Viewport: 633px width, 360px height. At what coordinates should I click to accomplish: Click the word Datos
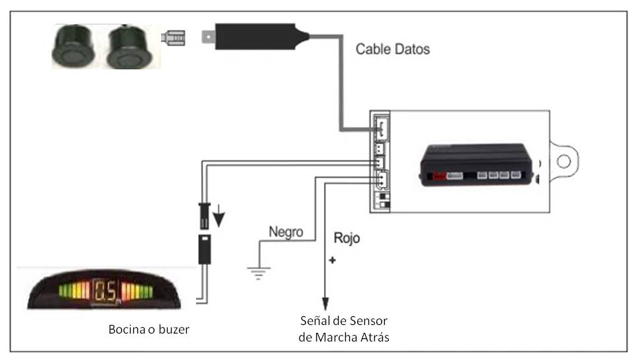click(411, 49)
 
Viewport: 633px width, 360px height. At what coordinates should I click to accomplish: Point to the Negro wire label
click(286, 232)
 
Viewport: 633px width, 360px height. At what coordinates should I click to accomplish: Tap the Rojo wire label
click(347, 238)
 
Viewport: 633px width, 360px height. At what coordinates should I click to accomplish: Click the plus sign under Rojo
click(332, 260)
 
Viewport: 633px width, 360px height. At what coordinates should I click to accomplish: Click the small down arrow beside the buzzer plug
click(219, 217)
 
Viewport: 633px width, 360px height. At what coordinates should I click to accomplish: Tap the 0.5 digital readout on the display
click(106, 290)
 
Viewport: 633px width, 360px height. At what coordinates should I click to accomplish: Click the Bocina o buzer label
click(149, 328)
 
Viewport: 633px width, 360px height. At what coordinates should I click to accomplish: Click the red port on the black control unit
click(438, 176)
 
